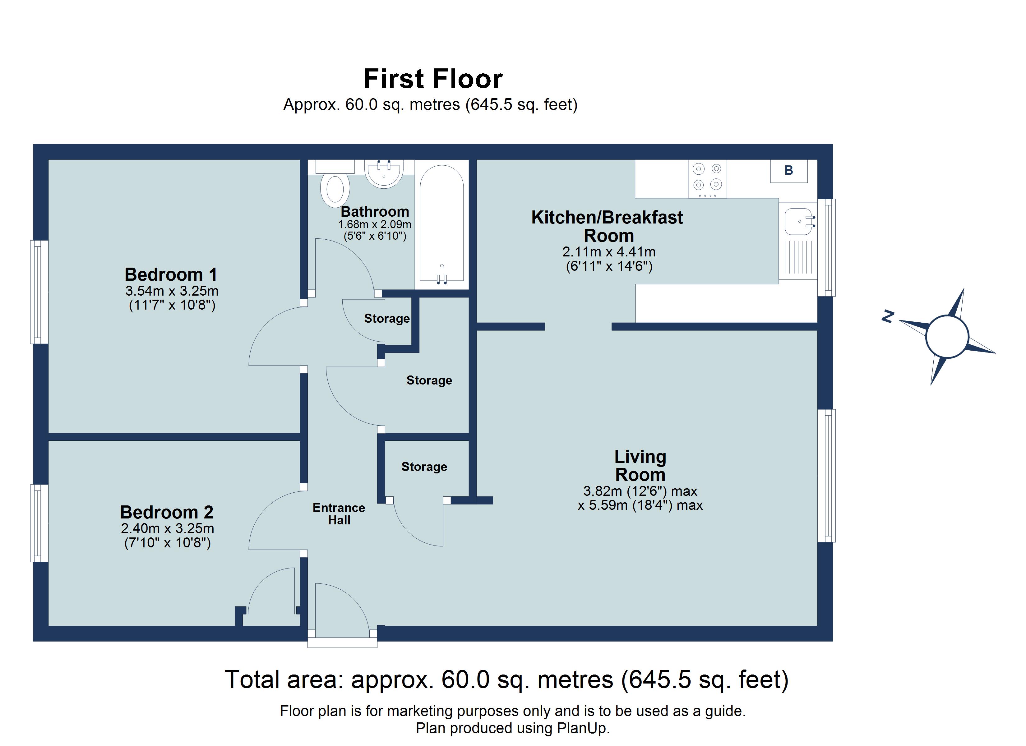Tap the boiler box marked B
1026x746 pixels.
[788, 171]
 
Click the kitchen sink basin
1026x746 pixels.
[798, 222]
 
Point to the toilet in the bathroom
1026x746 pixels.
[335, 190]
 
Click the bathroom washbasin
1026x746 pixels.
[384, 174]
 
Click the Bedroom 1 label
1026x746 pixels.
[171, 274]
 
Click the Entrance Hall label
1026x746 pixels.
[339, 514]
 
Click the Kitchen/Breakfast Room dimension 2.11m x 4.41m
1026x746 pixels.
[608, 251]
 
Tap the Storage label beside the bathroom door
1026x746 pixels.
[387, 319]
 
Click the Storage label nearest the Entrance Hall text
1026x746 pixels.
[424, 467]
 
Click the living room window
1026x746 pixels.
[826, 476]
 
